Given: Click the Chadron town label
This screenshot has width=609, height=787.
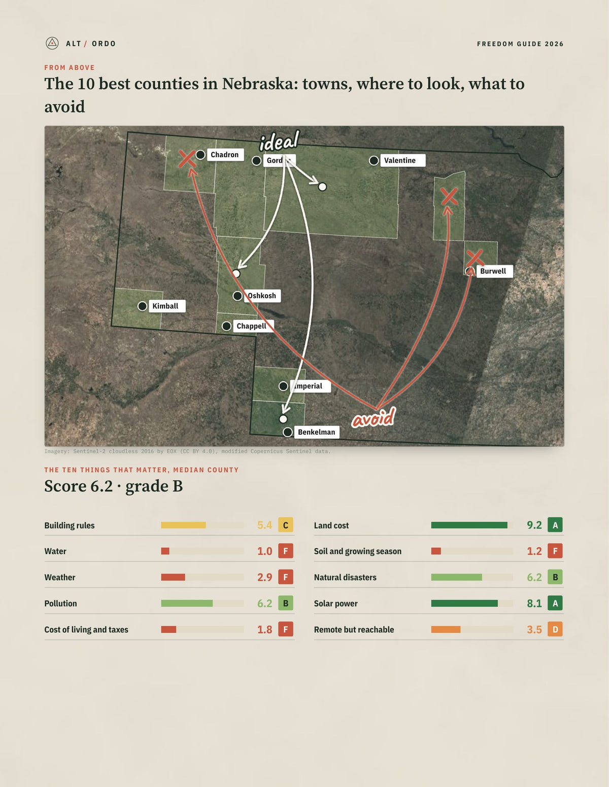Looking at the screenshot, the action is click(x=225, y=155).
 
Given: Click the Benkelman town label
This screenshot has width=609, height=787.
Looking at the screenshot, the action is click(x=317, y=432).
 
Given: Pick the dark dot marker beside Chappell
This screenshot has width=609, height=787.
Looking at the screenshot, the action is click(x=226, y=327).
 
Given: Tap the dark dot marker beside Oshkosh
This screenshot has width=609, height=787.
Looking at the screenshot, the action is click(x=238, y=296).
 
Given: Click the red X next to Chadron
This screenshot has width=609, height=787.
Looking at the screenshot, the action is click(x=187, y=159).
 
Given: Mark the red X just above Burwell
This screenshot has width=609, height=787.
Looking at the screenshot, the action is click(x=475, y=258).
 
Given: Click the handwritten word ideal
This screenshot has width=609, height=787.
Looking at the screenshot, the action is click(x=280, y=141).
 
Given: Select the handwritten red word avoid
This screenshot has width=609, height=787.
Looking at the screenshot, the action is click(x=374, y=417).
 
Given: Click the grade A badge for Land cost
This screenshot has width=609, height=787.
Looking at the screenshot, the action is click(x=555, y=525).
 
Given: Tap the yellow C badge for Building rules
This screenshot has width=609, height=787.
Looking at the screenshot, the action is click(x=286, y=525).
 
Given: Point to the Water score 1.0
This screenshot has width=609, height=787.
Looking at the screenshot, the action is click(x=265, y=551).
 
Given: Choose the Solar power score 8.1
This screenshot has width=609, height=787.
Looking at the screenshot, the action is click(x=534, y=603).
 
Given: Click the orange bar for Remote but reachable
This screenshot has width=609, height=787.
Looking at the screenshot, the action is click(x=446, y=629).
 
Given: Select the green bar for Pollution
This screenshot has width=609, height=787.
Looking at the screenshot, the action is click(x=187, y=603).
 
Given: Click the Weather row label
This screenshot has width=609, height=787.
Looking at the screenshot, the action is click(x=60, y=577).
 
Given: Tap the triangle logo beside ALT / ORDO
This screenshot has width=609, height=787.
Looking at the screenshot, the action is click(x=52, y=43).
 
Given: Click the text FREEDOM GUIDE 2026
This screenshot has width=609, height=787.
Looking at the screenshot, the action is click(x=520, y=44).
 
